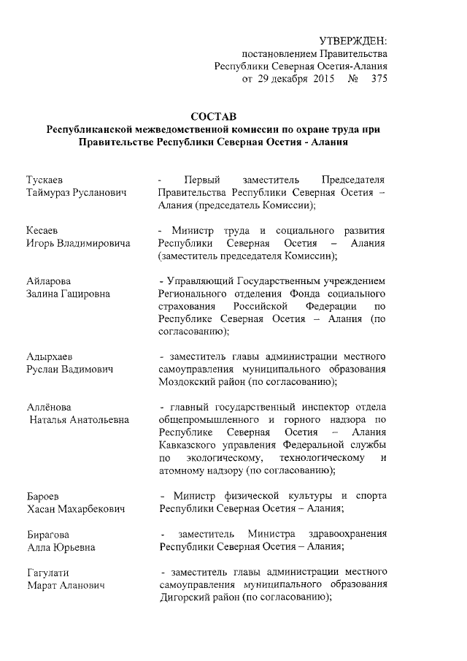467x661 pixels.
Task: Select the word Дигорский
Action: pyautogui.click(x=187, y=597)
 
